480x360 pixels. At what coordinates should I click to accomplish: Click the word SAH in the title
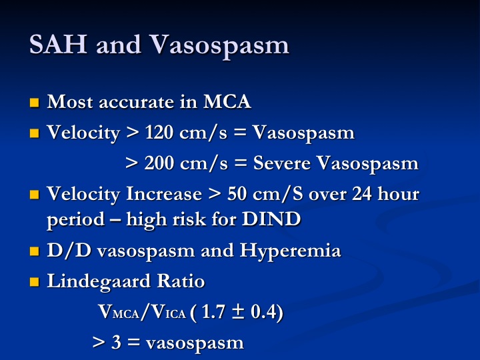(58, 45)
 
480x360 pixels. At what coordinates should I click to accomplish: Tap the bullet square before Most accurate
(35, 103)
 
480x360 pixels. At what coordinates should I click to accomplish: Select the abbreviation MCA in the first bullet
(227, 101)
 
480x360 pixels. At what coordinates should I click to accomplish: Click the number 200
(159, 163)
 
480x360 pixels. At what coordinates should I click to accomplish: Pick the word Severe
(282, 163)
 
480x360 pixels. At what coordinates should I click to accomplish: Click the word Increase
(164, 194)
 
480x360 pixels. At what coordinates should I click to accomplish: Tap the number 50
(237, 194)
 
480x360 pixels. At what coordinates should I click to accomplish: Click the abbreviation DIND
(271, 219)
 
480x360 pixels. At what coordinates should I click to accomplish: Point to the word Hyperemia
(290, 251)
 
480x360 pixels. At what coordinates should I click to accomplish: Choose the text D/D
(69, 251)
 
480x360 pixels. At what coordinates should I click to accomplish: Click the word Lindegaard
(99, 281)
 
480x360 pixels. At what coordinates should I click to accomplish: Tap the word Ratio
(181, 281)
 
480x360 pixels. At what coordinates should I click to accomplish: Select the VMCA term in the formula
(119, 312)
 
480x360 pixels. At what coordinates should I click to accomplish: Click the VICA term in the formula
(169, 312)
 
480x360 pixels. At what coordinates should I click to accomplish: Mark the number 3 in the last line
(116, 342)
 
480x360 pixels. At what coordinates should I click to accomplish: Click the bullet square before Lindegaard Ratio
(35, 282)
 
